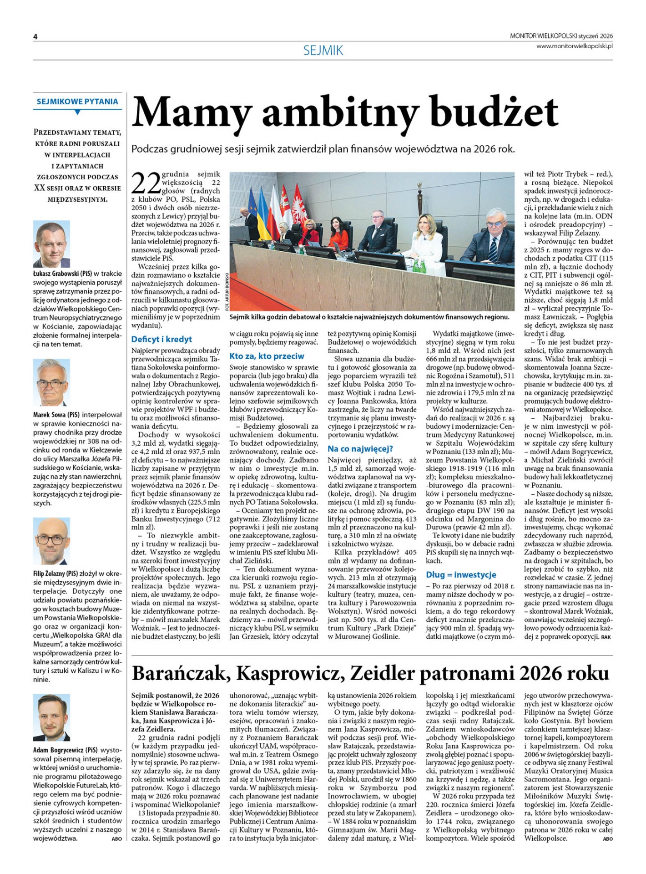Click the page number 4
35,37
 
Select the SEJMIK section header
323,50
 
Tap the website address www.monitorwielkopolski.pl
574,46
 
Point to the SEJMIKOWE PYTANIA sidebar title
77,102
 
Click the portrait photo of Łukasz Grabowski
51,244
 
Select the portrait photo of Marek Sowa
51,382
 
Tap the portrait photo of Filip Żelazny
51,541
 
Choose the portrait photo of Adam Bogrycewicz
51,717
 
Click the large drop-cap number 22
146,183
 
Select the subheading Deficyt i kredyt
161,339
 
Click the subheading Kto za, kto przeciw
267,356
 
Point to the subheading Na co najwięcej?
360,449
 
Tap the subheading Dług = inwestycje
461,574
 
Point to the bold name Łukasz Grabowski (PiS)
62,274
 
